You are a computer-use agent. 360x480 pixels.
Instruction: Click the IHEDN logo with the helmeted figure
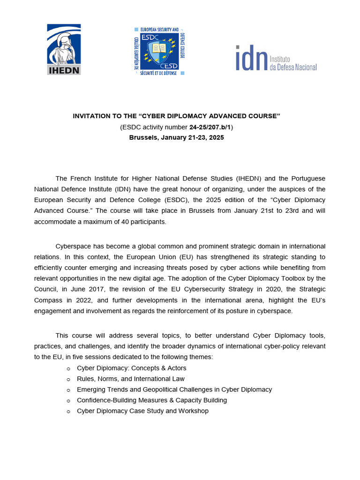tap(64, 49)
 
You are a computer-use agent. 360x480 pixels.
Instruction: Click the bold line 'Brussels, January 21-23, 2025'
tap(176, 137)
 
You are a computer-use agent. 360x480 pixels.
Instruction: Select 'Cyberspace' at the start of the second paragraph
tap(71, 247)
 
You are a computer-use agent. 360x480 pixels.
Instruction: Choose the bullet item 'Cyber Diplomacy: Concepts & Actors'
tap(131, 368)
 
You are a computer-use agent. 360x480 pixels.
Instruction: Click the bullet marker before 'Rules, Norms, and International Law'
tap(68, 379)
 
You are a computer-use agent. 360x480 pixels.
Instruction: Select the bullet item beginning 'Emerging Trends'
tap(174, 390)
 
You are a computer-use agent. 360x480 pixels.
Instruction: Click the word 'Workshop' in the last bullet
tap(193, 411)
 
